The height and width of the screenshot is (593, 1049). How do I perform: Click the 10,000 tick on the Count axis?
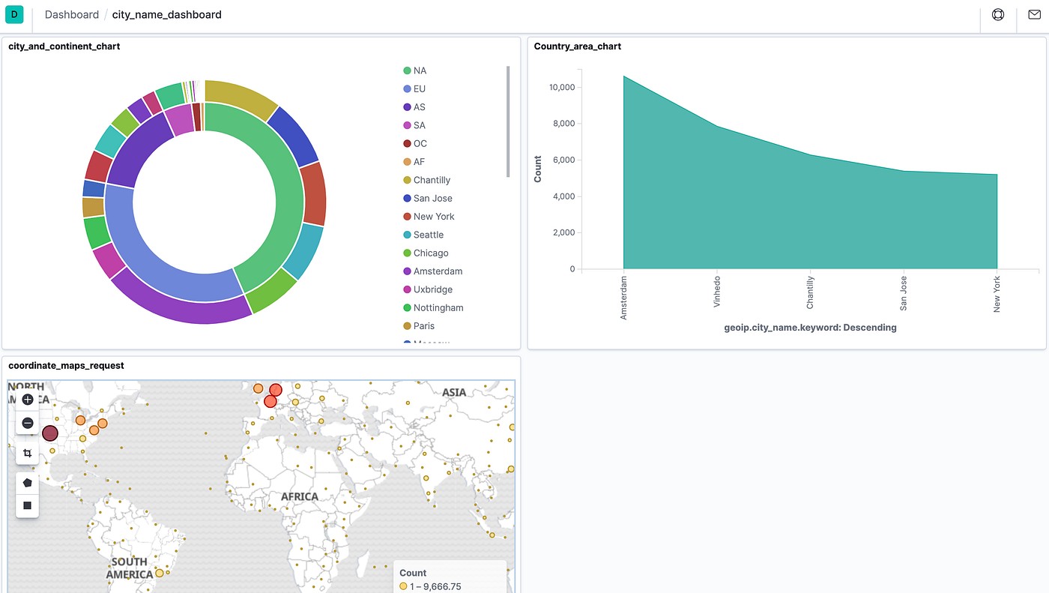click(561, 88)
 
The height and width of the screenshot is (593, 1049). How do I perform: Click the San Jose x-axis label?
click(904, 292)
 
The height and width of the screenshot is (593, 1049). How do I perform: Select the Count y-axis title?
click(538, 169)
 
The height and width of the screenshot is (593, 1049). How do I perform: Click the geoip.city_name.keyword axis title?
click(810, 328)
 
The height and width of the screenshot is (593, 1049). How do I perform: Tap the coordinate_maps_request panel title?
click(66, 366)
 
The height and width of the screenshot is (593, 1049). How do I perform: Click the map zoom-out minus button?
click(28, 424)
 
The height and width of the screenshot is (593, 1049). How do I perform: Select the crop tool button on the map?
click(28, 454)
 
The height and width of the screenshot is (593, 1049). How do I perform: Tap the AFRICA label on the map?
click(300, 496)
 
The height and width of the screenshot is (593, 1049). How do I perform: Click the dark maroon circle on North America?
click(50, 433)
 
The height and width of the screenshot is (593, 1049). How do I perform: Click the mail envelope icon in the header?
click(1034, 14)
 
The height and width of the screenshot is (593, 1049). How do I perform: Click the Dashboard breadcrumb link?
click(71, 15)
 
